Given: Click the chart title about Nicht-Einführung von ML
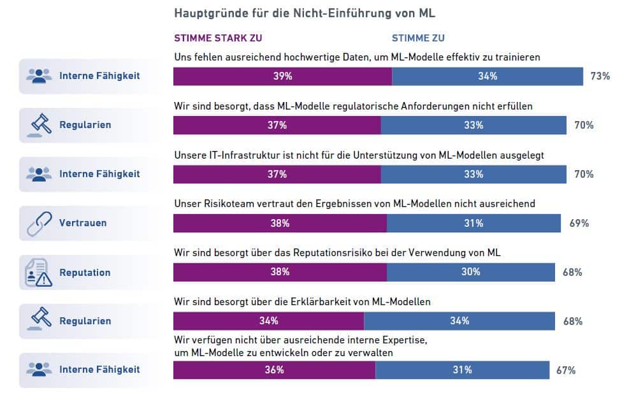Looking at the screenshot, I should tap(305, 13).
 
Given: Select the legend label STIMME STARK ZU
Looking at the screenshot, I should tap(218, 38).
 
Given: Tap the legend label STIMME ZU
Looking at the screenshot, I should tap(418, 38).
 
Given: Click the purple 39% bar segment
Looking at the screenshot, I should tap(282, 76).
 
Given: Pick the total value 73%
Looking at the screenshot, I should tap(600, 76).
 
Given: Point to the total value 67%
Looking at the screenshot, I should tap(566, 370).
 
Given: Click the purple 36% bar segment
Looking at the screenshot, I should tap(274, 370).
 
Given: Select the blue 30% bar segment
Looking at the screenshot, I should tap(471, 272).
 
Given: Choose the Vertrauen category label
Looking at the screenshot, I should tap(83, 224).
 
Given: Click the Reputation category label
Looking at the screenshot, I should tap(85, 273).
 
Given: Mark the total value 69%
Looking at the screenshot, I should tap(579, 224).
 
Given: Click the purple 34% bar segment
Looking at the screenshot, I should tap(268, 321).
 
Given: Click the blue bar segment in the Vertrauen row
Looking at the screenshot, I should tap(474, 224).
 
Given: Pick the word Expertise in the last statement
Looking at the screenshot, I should tap(405, 340).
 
